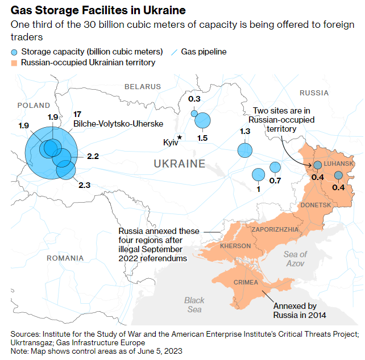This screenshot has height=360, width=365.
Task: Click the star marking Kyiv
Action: click(180, 137)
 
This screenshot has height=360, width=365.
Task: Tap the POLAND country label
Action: click(34, 106)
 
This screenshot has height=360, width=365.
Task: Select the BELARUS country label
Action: click(143, 86)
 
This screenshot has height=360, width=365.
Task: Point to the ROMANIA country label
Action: click(65, 258)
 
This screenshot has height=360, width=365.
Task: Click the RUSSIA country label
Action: click(314, 93)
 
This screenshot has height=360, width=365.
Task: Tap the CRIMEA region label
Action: click(246, 282)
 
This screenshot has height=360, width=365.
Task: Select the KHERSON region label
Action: click(235, 246)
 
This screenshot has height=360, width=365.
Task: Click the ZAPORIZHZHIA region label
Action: click(275, 229)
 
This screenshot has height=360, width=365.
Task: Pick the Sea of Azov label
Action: click(295, 259)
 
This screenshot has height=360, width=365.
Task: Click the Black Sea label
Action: click(194, 304)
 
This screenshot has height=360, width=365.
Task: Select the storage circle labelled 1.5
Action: click(202, 121)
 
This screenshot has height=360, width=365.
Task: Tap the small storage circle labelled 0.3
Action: click(194, 113)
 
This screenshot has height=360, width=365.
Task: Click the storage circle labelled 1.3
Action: click(245, 150)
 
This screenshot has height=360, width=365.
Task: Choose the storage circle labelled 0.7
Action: click(275, 167)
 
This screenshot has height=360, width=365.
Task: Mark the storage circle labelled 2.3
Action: click(67, 170)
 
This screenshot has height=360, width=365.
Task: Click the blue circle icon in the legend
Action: click(14, 52)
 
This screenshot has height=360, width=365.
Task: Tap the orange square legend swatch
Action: click(14, 63)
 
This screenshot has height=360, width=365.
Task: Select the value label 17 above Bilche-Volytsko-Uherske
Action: click(78, 114)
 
